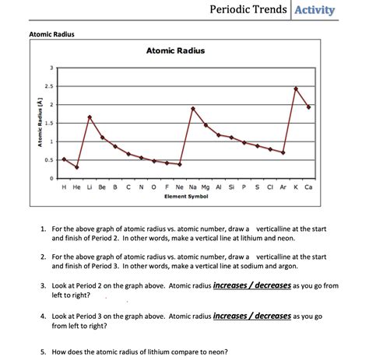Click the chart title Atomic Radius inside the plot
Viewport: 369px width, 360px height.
coord(175,51)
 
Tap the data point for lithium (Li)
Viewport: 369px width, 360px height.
coord(90,117)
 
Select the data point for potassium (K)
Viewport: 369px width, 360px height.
coord(296,89)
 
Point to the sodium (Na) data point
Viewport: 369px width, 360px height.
coord(193,108)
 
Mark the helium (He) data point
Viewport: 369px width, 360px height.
coord(76,167)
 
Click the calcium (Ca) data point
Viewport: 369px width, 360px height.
coord(309,107)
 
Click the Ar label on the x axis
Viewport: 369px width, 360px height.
coord(283,187)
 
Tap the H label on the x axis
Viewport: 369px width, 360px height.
coord(64,187)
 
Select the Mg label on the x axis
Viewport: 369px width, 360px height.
coord(206,187)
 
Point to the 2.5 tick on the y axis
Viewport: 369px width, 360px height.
coord(51,86)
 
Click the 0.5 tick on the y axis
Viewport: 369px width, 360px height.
coord(51,160)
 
